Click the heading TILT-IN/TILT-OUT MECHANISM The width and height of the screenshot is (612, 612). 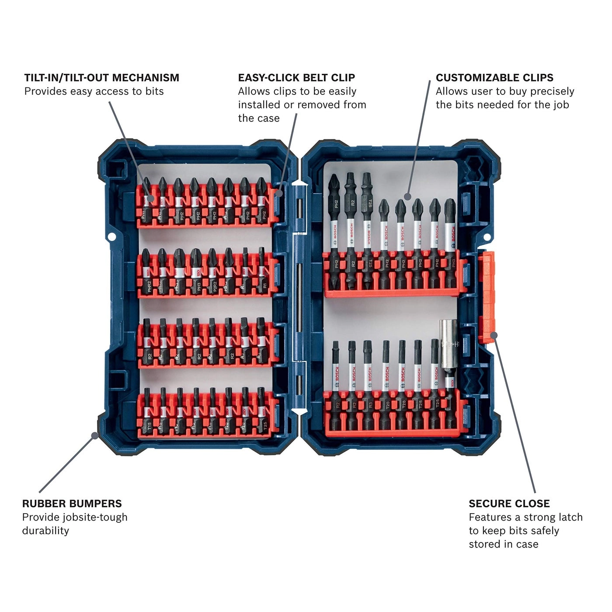click(x=101, y=78)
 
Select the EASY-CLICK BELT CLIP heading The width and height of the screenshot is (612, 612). click(x=296, y=78)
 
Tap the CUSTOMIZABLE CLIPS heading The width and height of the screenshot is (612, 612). click(x=494, y=78)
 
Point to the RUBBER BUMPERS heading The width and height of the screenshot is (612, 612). click(x=72, y=504)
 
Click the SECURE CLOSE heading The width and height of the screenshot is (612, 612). click(x=509, y=504)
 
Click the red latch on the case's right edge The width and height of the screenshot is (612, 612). click(x=486, y=297)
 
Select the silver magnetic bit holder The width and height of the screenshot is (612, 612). click(x=448, y=350)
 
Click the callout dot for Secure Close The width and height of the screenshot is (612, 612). click(x=494, y=335)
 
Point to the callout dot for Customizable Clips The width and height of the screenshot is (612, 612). click(x=407, y=196)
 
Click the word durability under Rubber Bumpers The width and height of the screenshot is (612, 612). click(x=45, y=531)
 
